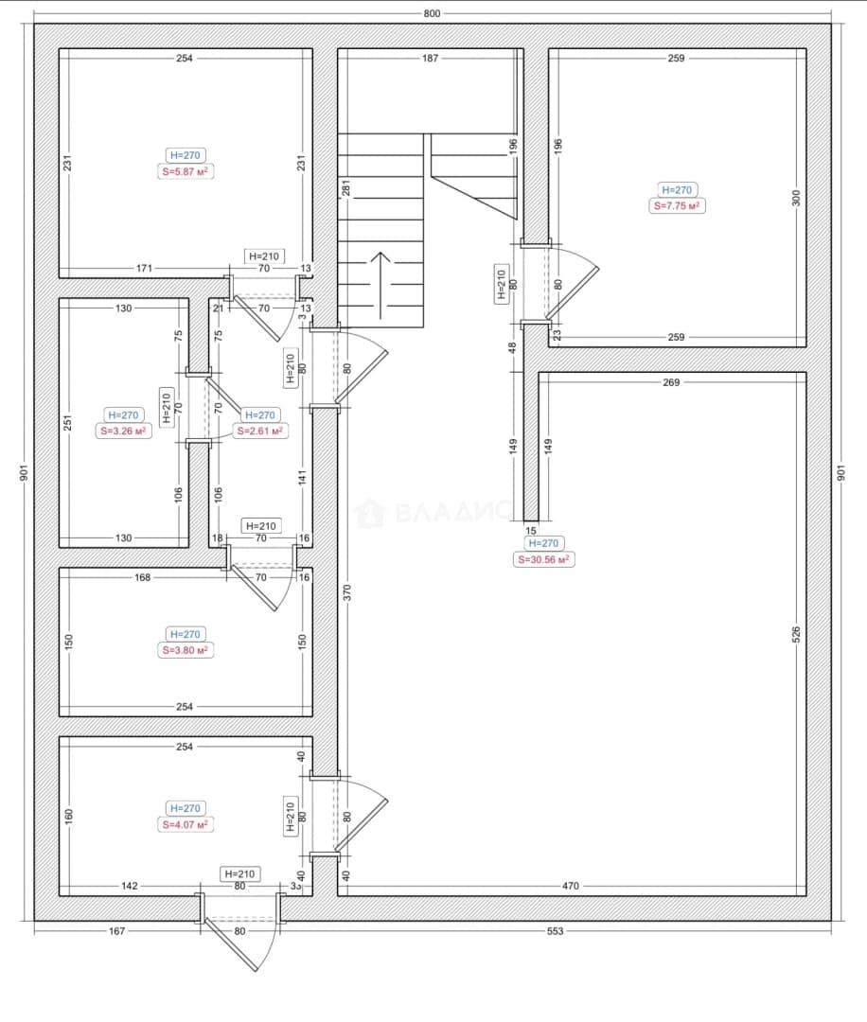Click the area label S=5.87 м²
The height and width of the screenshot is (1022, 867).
[186, 171]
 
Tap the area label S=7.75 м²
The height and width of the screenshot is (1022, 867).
[677, 206]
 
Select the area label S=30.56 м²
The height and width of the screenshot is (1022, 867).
[543, 559]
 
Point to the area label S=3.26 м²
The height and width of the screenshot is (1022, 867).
[123, 431]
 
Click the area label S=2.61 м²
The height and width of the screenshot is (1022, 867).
[259, 431]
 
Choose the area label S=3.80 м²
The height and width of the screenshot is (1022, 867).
[186, 650]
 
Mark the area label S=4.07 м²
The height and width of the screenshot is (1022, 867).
[186, 824]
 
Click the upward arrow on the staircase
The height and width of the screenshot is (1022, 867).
[380, 286]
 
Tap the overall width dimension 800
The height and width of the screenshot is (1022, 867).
[432, 13]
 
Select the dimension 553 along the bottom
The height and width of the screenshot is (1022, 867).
[555, 931]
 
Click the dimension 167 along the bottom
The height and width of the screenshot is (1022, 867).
[116, 931]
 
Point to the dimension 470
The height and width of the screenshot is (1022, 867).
[571, 886]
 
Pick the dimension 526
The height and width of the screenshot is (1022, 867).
[796, 635]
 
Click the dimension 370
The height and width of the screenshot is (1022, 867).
[346, 592]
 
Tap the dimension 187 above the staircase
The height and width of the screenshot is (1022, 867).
[431, 58]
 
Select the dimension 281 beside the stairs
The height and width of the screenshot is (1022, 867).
[346, 187]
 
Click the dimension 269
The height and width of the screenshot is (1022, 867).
[671, 382]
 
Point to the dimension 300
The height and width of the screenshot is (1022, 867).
[796, 198]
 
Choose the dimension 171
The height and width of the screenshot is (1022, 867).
[144, 268]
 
